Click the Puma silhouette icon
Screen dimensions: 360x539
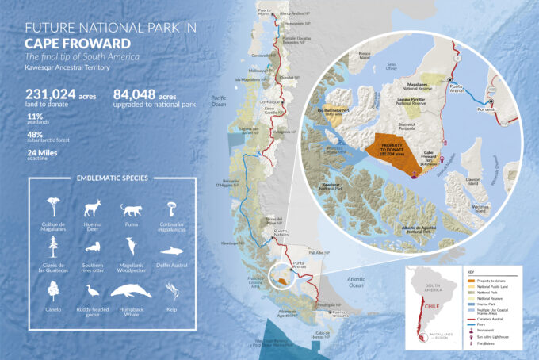tap(130, 211)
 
